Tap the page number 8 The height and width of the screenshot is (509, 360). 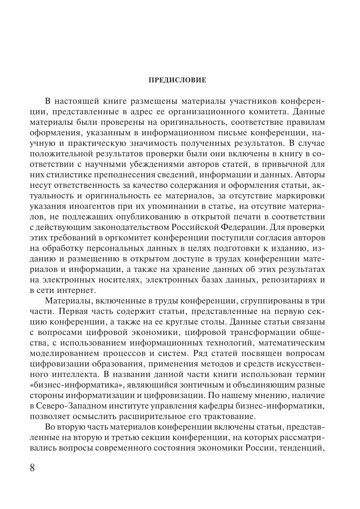coord(32,468)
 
